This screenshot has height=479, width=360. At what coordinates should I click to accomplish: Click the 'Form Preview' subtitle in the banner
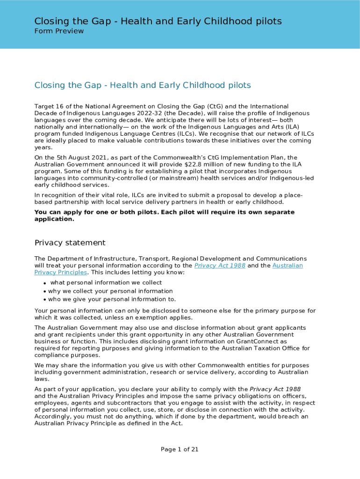click(59, 31)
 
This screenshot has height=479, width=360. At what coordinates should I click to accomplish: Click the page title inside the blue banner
click(158, 21)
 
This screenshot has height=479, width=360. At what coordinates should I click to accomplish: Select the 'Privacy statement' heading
click(70, 243)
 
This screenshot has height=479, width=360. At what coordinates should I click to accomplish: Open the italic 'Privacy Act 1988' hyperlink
click(219, 266)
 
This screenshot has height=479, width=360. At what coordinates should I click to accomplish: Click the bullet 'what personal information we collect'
click(106, 283)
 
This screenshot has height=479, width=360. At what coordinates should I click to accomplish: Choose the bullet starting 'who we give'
click(112, 299)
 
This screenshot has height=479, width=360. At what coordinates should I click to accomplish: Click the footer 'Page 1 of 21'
click(180, 450)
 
